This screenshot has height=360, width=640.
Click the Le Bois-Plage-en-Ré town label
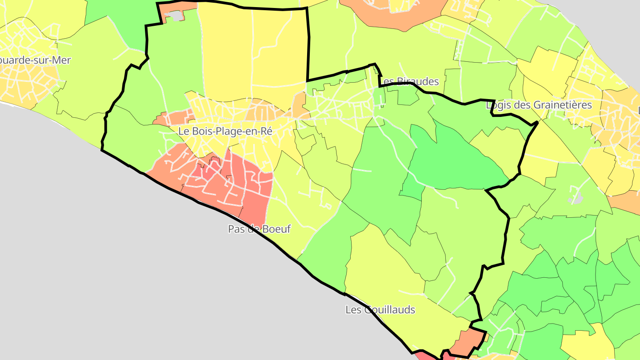(x=224, y=132)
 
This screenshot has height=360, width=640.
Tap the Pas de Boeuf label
(x=259, y=229)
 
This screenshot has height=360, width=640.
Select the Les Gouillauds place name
(x=380, y=310)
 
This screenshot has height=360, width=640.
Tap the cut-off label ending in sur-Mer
(x=35, y=60)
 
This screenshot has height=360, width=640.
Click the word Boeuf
(x=276, y=229)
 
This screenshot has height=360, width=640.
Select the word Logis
(x=499, y=105)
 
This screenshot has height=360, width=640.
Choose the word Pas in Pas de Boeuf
(x=236, y=229)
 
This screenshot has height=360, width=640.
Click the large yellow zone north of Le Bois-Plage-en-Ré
(x=253, y=49)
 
